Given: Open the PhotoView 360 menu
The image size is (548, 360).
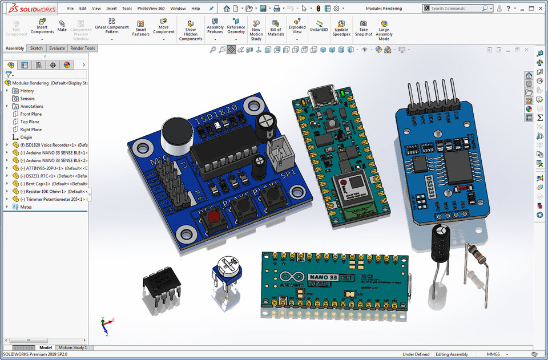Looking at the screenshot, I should click(151, 9).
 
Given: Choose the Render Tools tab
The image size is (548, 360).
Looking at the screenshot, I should click(83, 48).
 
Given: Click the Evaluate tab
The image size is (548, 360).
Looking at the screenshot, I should click(57, 48).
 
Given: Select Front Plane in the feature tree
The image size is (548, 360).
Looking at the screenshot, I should click(31, 114).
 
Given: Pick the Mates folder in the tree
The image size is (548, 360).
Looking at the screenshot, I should click(26, 207).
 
